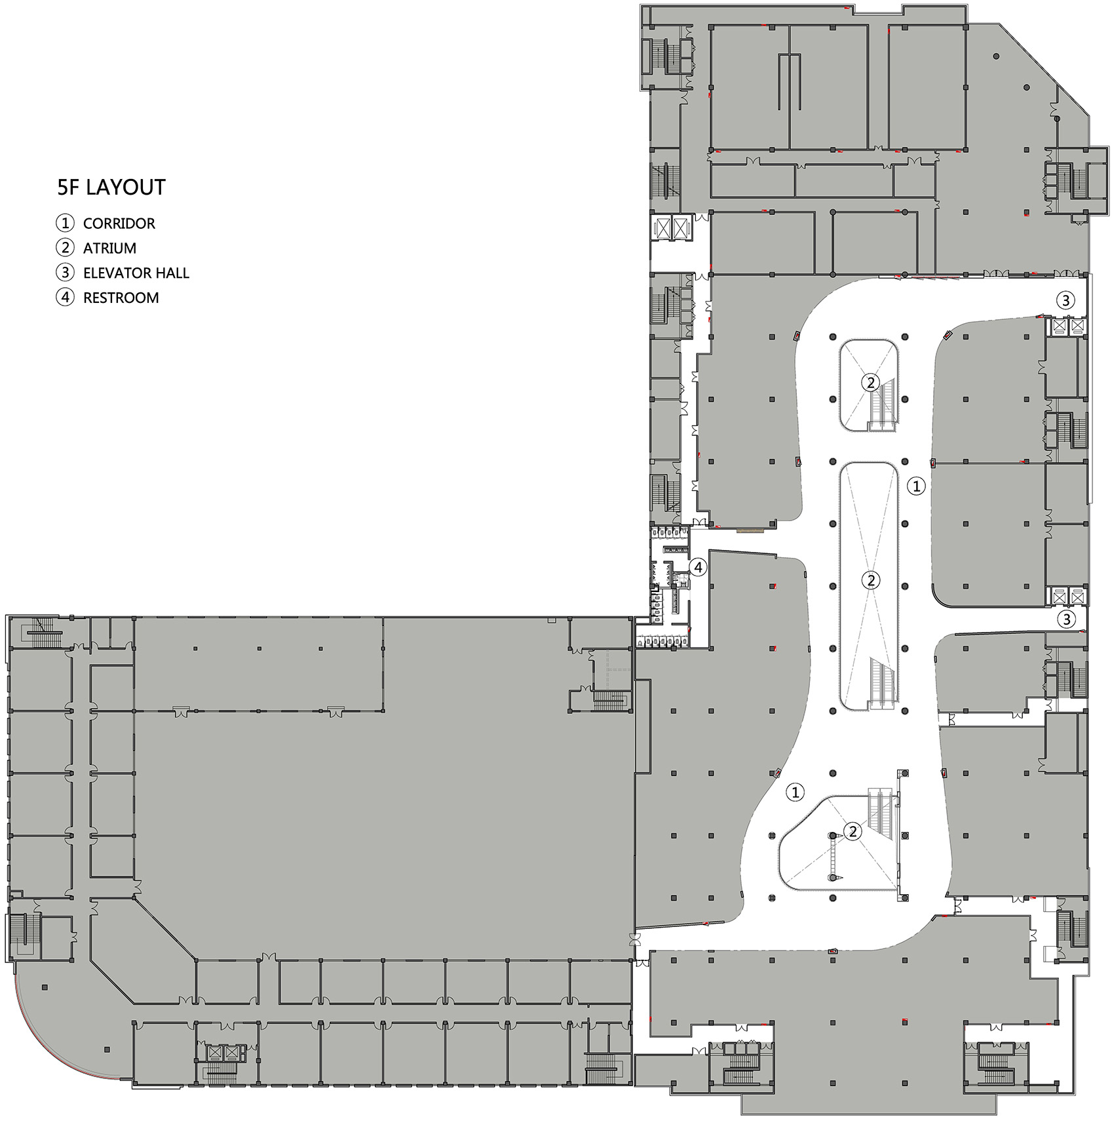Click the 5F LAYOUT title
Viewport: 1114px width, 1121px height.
click(111, 187)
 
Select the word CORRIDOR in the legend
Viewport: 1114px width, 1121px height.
click(119, 224)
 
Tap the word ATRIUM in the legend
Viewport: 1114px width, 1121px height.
click(109, 248)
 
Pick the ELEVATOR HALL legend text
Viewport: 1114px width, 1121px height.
click(136, 273)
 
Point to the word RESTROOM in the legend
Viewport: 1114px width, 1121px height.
click(121, 298)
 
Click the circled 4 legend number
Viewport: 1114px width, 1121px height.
click(65, 298)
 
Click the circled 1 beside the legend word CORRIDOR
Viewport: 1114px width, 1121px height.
click(65, 224)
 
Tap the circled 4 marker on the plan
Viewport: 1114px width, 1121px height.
click(699, 567)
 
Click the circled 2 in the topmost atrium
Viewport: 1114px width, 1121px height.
click(870, 382)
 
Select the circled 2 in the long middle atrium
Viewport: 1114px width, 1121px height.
click(870, 580)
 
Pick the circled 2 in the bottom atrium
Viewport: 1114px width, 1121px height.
click(853, 832)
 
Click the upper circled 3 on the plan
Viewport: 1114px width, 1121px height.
click(1066, 300)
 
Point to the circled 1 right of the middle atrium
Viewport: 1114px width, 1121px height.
click(916, 486)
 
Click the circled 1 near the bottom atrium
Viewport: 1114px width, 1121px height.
click(795, 792)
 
